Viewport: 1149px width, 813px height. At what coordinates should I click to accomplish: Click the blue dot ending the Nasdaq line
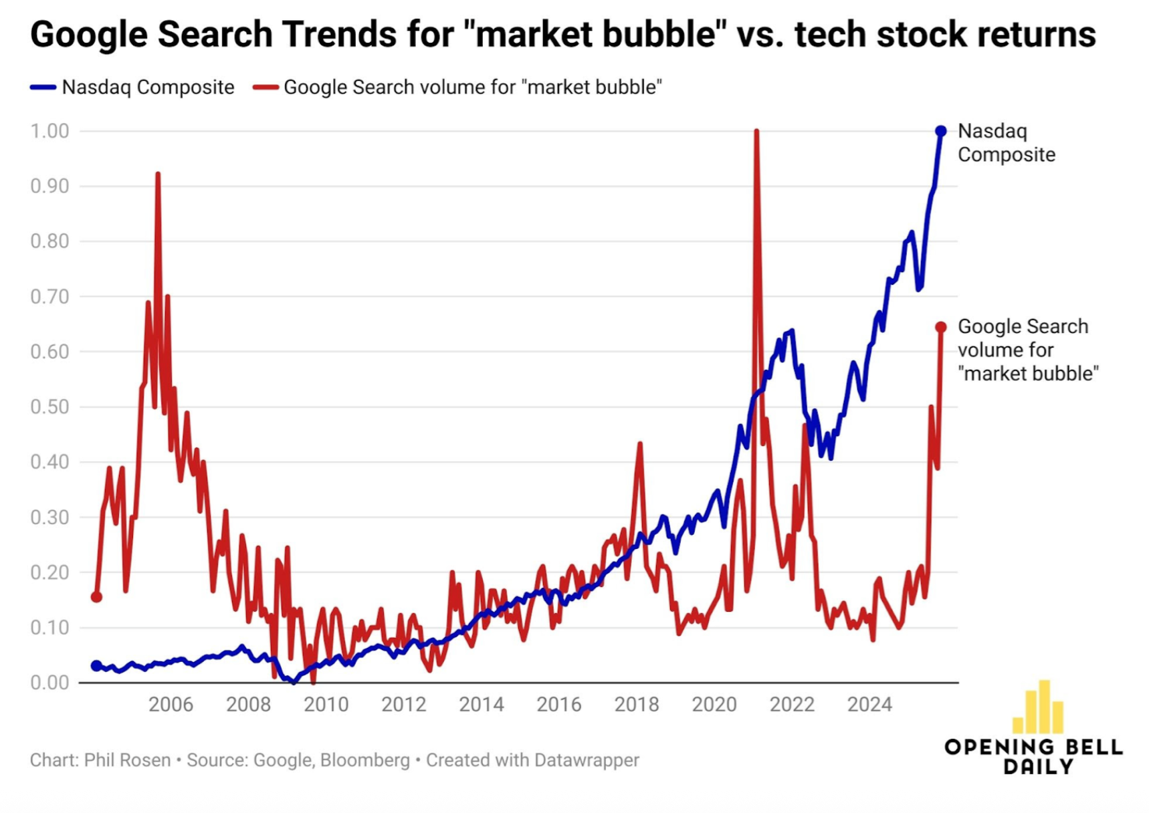(x=940, y=131)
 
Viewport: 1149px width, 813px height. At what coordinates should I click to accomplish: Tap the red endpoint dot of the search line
(x=941, y=327)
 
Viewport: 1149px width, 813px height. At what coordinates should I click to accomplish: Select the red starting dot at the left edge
(x=96, y=596)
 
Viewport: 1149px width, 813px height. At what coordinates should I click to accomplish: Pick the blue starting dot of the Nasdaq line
(x=96, y=665)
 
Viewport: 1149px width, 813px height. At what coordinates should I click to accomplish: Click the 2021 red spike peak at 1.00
(x=756, y=132)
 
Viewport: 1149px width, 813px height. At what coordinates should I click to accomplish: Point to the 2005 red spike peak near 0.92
(x=158, y=175)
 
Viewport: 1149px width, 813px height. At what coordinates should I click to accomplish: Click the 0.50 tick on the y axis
(x=49, y=407)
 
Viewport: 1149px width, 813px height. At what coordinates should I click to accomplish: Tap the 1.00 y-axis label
(x=49, y=131)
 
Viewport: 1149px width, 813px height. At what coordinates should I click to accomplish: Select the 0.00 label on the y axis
(x=49, y=683)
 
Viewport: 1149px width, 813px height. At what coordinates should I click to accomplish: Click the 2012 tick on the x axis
(x=403, y=705)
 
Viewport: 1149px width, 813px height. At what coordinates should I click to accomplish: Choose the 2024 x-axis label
(x=869, y=705)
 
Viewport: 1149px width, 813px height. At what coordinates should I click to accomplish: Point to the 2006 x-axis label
(x=171, y=705)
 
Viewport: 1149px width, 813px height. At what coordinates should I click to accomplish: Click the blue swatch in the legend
(x=43, y=88)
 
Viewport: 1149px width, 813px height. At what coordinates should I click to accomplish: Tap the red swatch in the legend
(x=266, y=88)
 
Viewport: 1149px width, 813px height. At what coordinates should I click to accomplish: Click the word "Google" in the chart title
(x=88, y=35)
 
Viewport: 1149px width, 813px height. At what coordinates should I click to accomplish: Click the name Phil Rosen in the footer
(x=127, y=760)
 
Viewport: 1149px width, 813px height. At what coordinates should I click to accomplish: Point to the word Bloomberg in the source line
(x=364, y=760)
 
